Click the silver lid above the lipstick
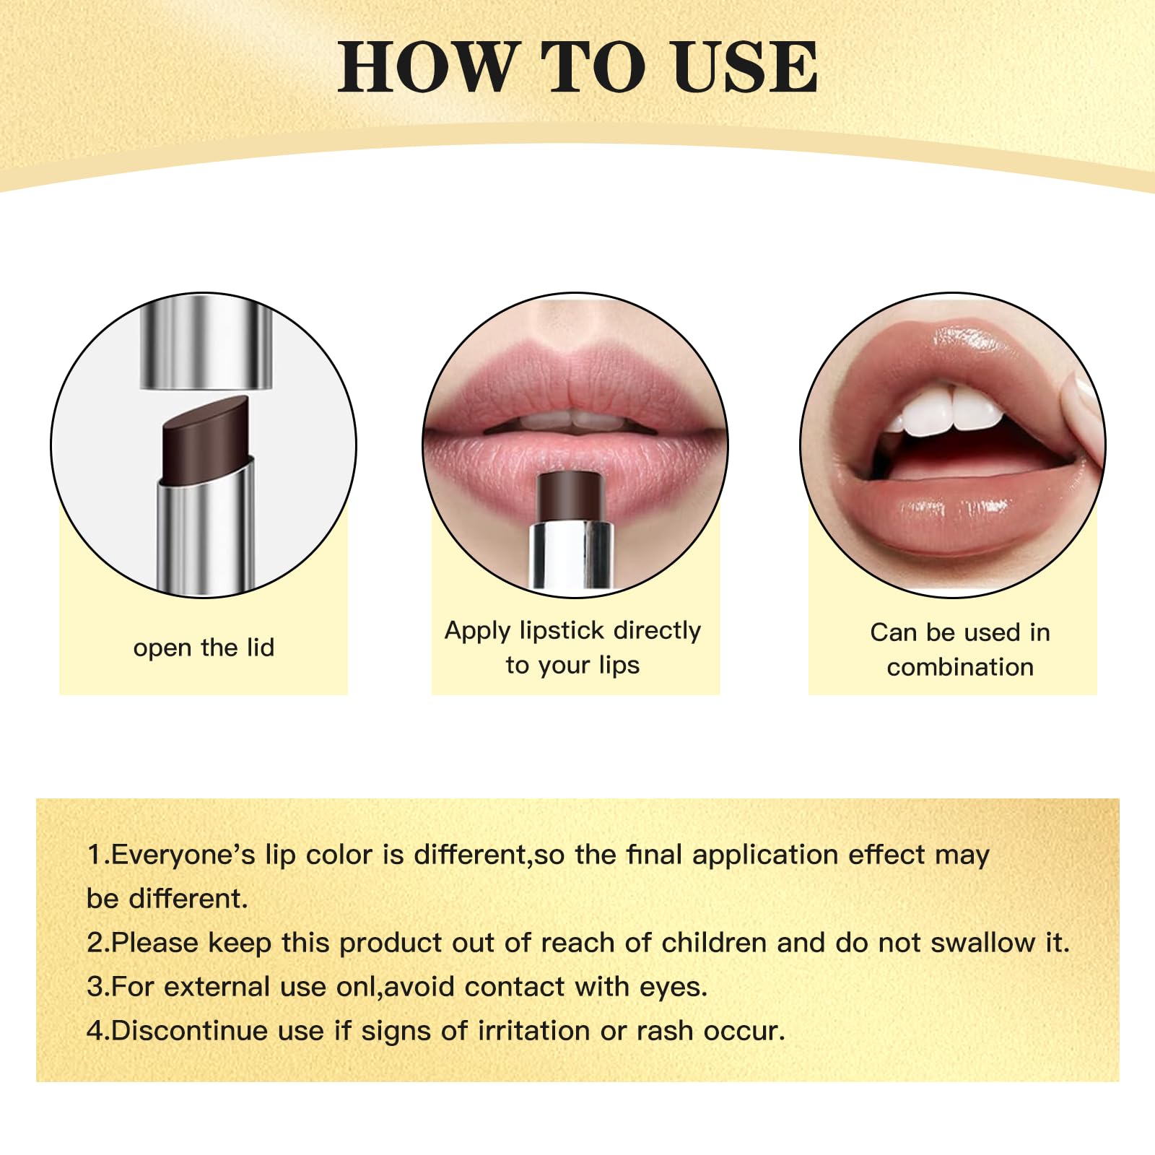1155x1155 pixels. click(x=206, y=344)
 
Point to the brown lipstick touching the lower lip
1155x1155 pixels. click(x=570, y=495)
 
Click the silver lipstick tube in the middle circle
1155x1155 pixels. click(x=571, y=554)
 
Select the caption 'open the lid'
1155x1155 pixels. click(x=204, y=648)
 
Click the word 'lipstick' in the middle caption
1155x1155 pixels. click(x=561, y=631)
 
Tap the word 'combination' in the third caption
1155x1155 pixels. click(x=960, y=667)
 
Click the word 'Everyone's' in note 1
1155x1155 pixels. click(x=183, y=855)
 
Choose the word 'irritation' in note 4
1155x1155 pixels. click(x=533, y=1031)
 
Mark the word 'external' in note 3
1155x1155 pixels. click(x=217, y=987)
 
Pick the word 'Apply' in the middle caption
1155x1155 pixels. click(x=477, y=632)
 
